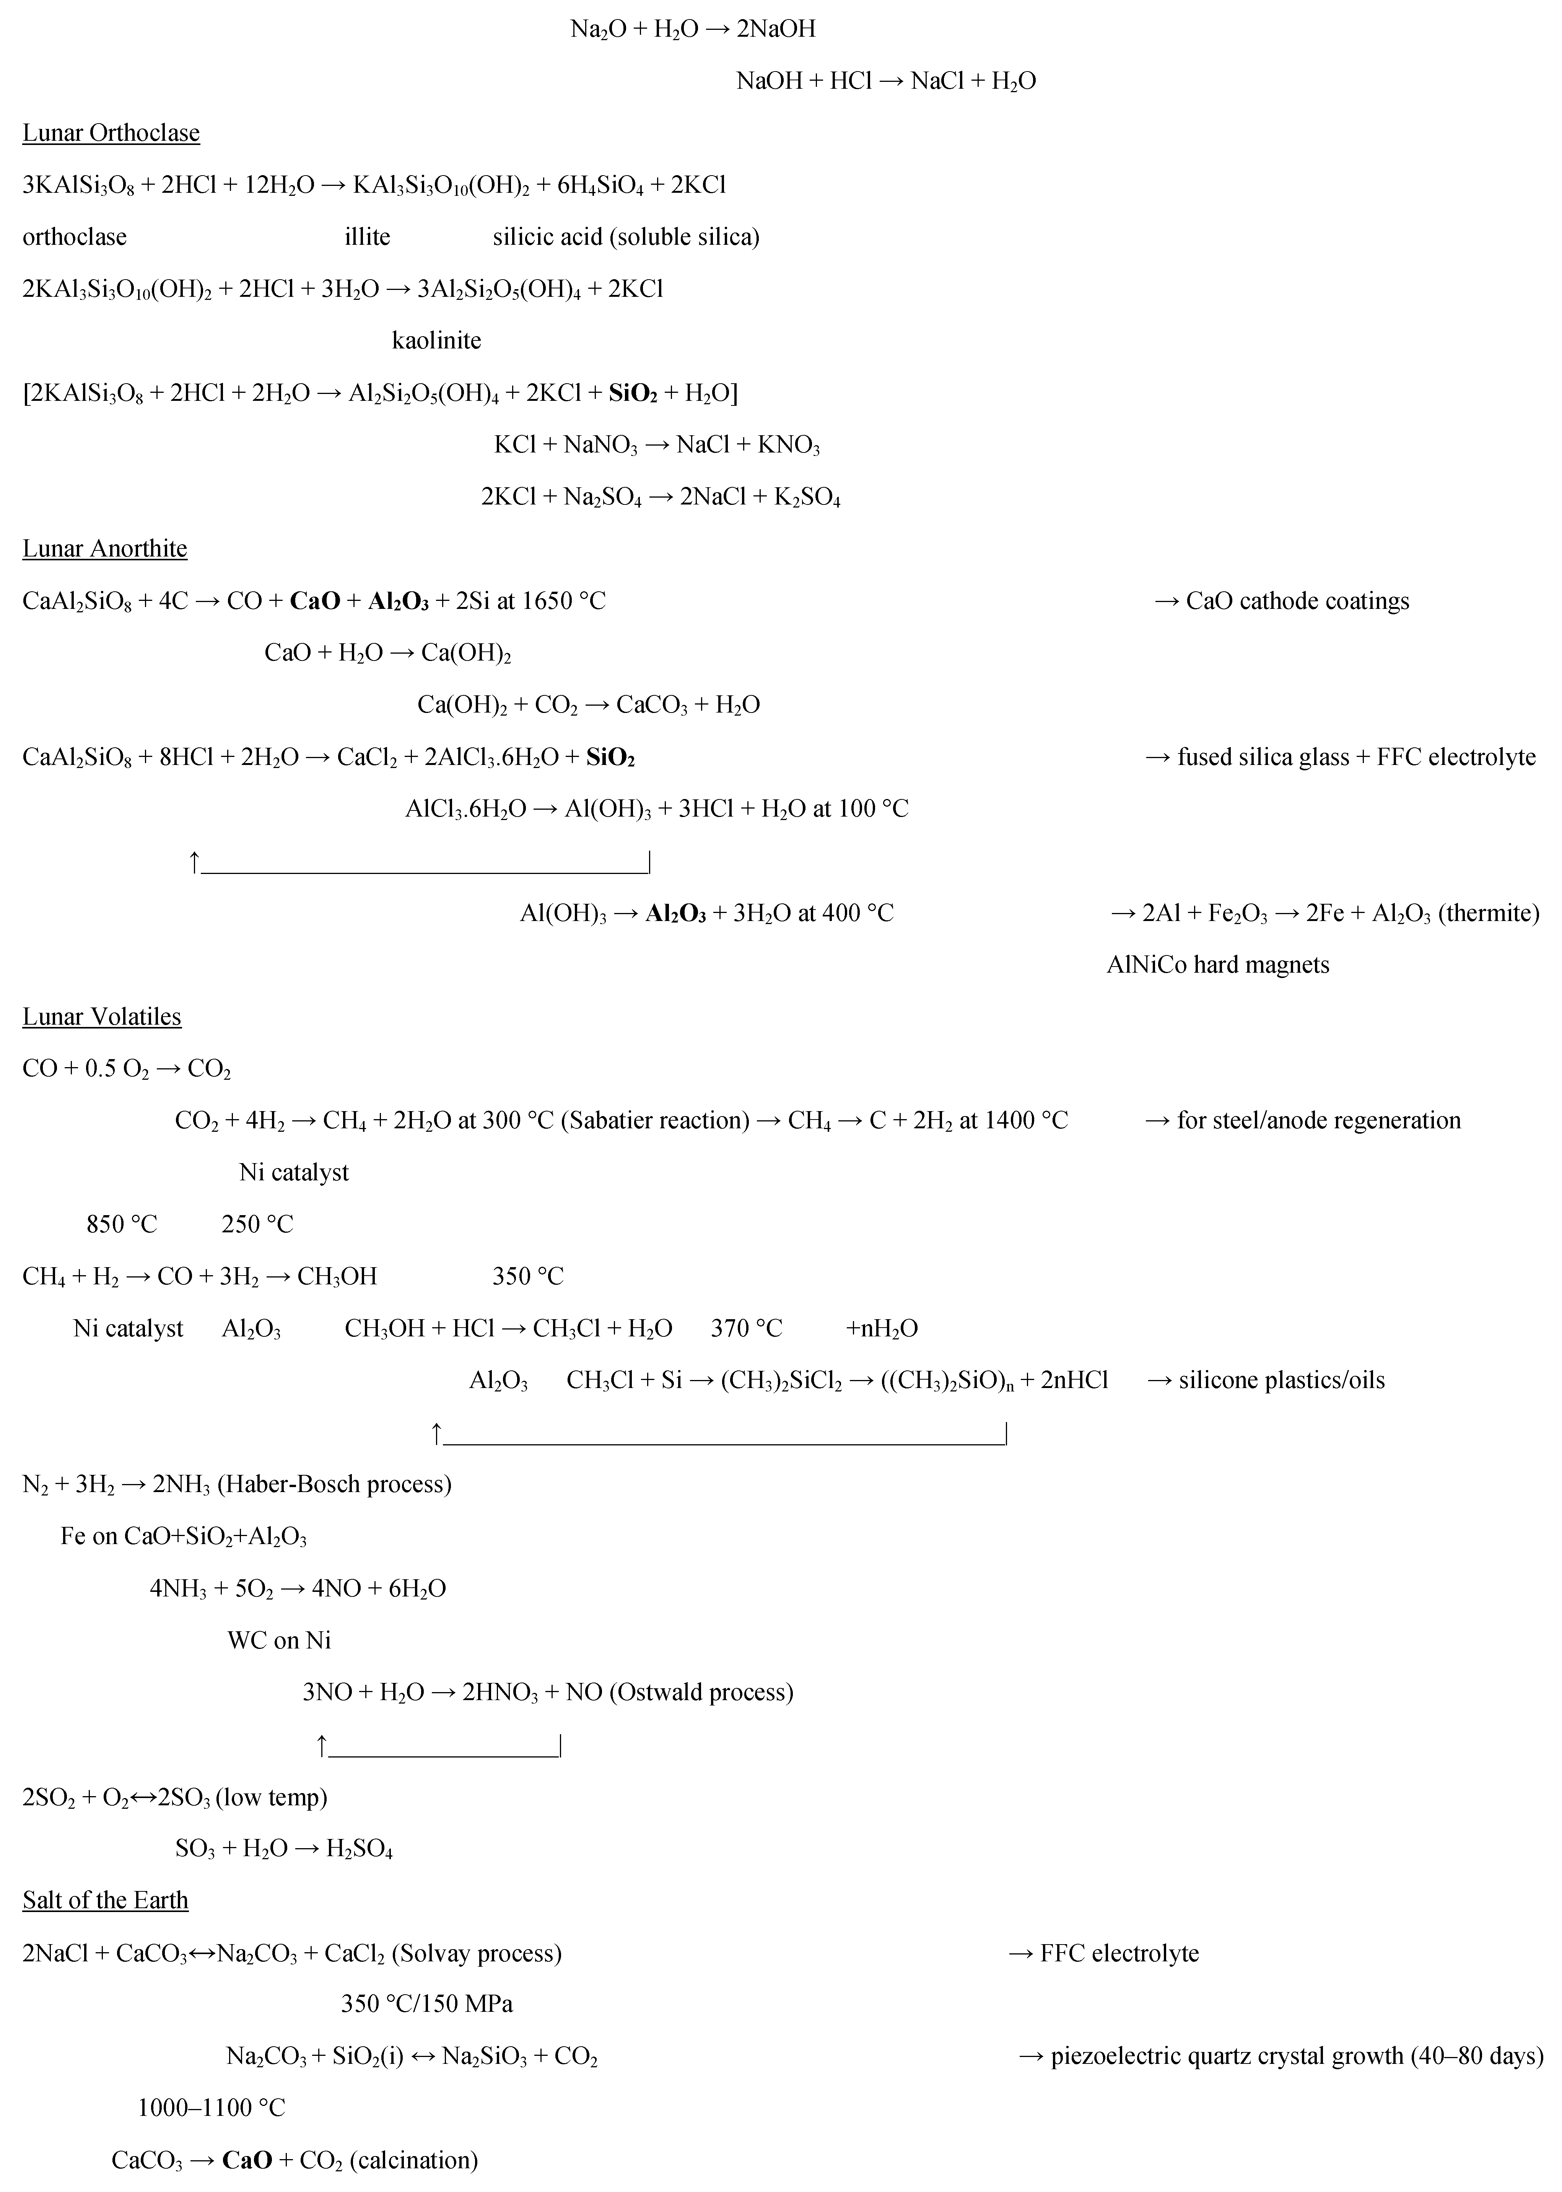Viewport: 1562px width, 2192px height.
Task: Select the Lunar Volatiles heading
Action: [x=102, y=1017]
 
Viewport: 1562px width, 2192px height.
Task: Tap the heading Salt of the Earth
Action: [x=106, y=1901]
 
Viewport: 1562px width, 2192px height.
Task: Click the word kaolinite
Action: [x=437, y=340]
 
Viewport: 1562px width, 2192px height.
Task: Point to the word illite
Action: [x=368, y=237]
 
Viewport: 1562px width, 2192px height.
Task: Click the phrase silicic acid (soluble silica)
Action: [x=626, y=237]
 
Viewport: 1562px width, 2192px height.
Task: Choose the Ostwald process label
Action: [x=701, y=1692]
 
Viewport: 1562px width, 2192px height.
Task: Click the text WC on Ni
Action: [x=279, y=1640]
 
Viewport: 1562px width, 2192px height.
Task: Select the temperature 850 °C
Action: [x=121, y=1224]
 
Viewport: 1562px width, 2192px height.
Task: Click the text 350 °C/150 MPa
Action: [x=427, y=2005]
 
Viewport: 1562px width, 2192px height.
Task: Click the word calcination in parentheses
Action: [x=413, y=2160]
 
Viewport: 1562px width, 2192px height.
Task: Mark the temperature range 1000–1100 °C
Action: [x=212, y=2108]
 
